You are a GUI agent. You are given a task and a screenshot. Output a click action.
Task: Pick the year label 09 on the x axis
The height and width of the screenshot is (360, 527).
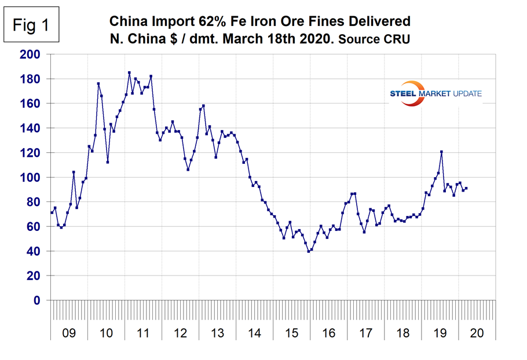tap(68, 334)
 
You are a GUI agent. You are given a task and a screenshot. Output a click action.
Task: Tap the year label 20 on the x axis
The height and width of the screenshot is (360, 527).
tap(478, 334)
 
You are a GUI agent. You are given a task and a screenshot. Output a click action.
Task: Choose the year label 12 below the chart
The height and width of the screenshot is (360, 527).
tap(180, 334)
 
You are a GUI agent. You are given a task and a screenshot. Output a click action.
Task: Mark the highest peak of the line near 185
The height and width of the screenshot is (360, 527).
tap(129, 73)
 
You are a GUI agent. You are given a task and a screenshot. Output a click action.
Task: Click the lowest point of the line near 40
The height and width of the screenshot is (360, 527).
tap(309, 251)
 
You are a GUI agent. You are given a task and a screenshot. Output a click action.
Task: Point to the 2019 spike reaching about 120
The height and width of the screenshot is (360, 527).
tap(441, 152)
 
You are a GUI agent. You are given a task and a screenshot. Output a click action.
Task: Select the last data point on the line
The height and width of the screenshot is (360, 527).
tap(466, 188)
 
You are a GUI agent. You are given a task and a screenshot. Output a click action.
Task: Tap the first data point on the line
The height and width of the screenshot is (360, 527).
tap(52, 212)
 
